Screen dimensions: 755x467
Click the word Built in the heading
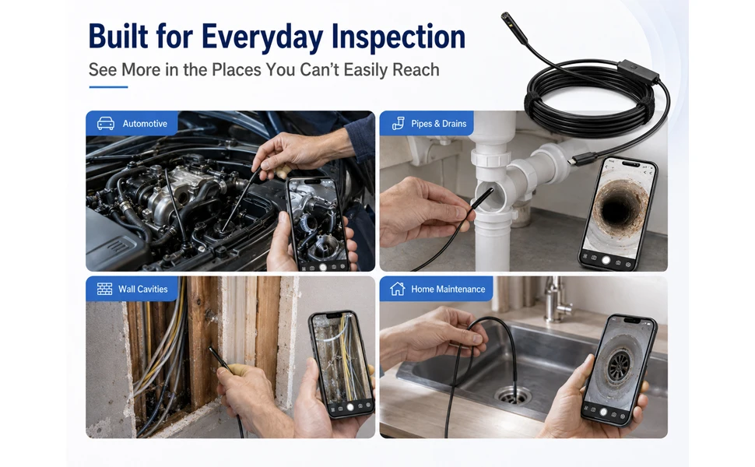point(118,36)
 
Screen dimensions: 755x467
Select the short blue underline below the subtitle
point(108,87)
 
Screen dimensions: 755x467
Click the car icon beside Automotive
point(106,124)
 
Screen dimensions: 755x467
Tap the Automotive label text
point(145,124)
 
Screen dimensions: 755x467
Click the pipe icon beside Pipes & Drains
point(399,124)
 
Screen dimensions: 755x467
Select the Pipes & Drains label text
point(439,124)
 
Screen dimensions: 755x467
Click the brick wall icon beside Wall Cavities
point(104,289)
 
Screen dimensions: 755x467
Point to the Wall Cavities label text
point(143,289)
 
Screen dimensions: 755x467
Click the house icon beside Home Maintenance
point(397,289)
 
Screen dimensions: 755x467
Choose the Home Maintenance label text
point(448,289)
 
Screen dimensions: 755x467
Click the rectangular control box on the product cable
point(638,72)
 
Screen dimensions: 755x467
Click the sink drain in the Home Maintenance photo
point(512,395)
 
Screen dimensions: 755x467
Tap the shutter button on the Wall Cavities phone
point(350,407)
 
